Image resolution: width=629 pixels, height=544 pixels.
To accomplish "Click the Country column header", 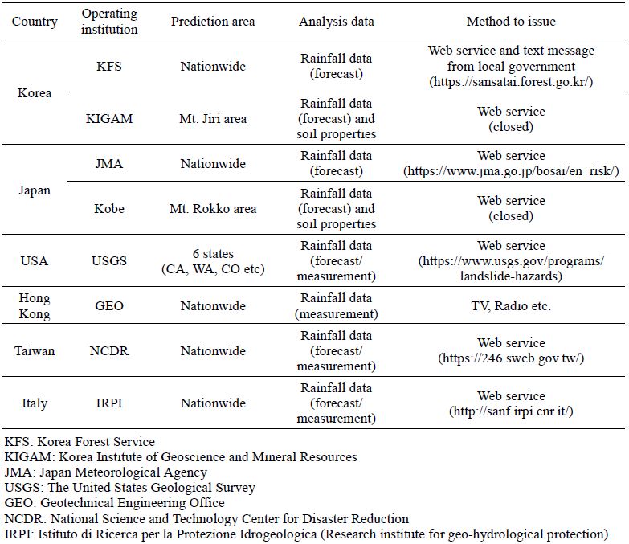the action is pos(35,21).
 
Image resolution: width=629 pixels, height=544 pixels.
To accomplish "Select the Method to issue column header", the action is pos(511,21).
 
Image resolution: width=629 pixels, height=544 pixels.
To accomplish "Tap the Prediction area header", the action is pos(213,21).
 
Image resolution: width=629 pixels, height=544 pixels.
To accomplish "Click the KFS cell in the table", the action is pos(108,66).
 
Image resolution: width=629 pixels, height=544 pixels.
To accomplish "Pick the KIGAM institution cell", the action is pos(108,118).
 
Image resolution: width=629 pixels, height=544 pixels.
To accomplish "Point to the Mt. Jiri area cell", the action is pos(213,118).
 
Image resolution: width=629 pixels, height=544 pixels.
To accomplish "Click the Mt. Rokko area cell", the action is pos(213,208).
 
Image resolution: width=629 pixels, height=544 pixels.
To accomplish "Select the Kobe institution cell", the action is pos(108,208).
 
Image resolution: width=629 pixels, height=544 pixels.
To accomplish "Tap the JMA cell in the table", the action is pos(108,163).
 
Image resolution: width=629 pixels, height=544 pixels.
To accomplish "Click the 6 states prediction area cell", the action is pos(213,261).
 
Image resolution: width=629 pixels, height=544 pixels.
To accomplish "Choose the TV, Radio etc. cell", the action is pos(511,305).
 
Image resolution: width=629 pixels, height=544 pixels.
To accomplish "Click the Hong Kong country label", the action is pos(35,305).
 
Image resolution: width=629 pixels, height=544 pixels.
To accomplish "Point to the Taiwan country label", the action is pos(35,350).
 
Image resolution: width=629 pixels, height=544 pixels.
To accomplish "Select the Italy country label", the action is pos(35,403).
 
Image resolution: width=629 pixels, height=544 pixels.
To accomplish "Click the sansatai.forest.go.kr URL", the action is pos(511,82).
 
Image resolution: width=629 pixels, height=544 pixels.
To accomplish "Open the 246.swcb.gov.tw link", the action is pos(511,358).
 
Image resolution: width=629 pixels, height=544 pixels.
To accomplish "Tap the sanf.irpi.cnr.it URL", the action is pos(511,411).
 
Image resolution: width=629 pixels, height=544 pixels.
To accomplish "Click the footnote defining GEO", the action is pos(114,503).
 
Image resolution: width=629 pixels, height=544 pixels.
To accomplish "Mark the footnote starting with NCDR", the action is pos(206,518).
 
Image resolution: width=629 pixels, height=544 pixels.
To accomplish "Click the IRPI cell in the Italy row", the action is pos(108,403).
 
